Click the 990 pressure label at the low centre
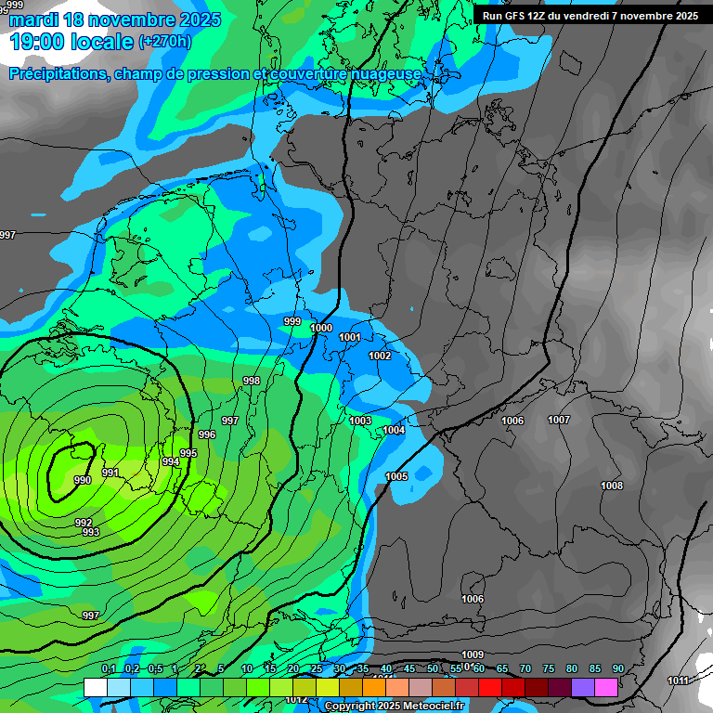click(x=83, y=480)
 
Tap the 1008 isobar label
click(x=612, y=486)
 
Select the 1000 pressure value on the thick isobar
click(x=321, y=328)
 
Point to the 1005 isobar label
click(x=396, y=476)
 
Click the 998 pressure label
click(x=252, y=382)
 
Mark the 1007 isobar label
click(x=559, y=421)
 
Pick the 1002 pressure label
click(x=380, y=356)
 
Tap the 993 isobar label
click(x=90, y=532)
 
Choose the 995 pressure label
click(x=188, y=453)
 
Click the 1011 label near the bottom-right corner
click(x=678, y=681)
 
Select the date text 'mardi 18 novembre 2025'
click(x=115, y=19)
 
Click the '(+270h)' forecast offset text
click(x=164, y=42)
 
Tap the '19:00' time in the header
click(x=36, y=42)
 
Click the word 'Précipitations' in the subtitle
click(x=58, y=74)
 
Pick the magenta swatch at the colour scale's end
click(x=606, y=687)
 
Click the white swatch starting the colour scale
click(x=95, y=687)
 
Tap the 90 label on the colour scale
click(x=617, y=668)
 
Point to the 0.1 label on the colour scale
click(x=109, y=668)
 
